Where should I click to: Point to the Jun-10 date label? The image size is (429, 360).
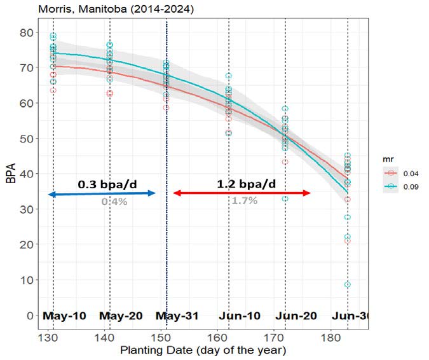[238, 315]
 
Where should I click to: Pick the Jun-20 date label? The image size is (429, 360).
[296, 315]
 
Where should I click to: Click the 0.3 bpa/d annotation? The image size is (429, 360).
[107, 184]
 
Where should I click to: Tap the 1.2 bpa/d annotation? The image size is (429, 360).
[247, 184]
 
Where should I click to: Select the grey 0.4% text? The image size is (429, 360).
[114, 201]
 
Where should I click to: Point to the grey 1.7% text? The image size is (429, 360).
[244, 200]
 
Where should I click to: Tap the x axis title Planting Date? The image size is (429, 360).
[196, 350]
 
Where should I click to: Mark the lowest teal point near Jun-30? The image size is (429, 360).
[348, 284]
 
